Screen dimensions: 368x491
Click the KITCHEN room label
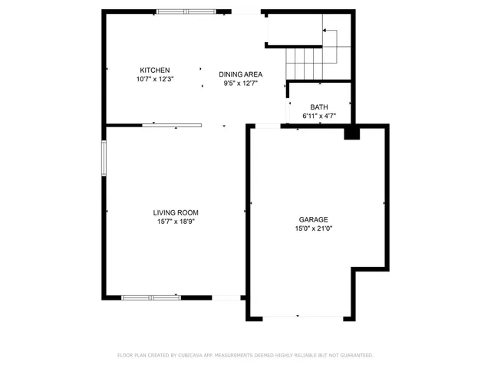154,70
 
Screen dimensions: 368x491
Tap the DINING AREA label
241,74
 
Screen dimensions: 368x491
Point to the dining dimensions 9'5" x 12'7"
241,84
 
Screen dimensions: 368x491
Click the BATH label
319,107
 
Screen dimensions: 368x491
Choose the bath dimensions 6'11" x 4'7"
319,116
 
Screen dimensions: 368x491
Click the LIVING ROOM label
176,212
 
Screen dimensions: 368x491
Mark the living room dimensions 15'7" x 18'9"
176,222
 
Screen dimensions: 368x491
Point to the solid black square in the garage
351,133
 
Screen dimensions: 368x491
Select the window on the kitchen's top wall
186,11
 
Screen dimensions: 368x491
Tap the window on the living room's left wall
104,159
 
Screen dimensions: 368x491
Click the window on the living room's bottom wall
151,297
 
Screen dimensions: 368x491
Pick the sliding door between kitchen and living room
172,124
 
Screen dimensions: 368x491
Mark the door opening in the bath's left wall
287,110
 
